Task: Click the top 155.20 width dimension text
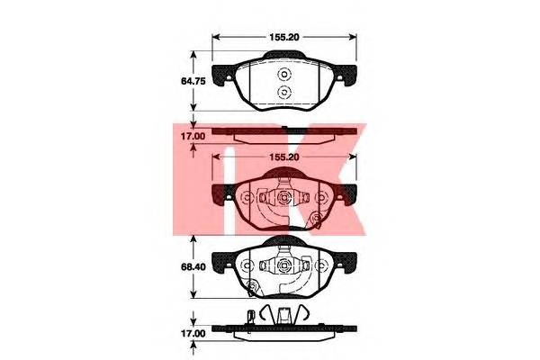pos(284,37)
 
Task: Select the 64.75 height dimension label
pos(193,81)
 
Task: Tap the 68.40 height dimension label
pos(193,267)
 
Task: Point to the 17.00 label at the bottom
pos(193,334)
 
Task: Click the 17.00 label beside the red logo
pos(193,137)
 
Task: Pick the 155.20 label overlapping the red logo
pos(284,157)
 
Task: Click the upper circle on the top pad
pos(284,75)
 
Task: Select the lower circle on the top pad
pos(284,92)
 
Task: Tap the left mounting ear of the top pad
pos(223,75)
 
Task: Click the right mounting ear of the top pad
pos(345,75)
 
